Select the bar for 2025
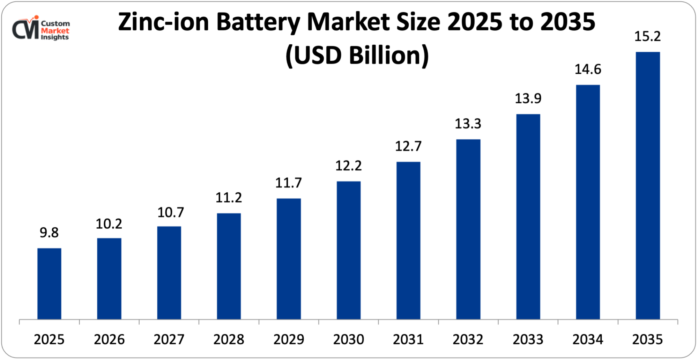pyautogui.click(x=49, y=284)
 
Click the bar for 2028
pyautogui.click(x=229, y=266)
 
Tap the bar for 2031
pyautogui.click(x=408, y=240)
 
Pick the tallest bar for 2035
pyautogui.click(x=648, y=185)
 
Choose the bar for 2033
pyautogui.click(x=528, y=216)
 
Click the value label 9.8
pyautogui.click(x=49, y=233)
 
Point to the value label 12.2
pyautogui.click(x=348, y=166)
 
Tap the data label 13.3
pyautogui.click(x=468, y=124)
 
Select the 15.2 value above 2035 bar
pyautogui.click(x=647, y=36)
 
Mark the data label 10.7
pyautogui.click(x=170, y=212)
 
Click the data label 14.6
pyautogui.click(x=588, y=69)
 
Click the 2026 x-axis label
pyautogui.click(x=109, y=339)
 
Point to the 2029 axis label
pyautogui.click(x=289, y=339)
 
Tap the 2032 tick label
pyautogui.click(x=468, y=339)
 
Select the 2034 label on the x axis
pyautogui.click(x=588, y=339)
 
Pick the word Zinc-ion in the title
pyautogui.click(x=163, y=22)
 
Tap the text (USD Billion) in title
pyautogui.click(x=357, y=55)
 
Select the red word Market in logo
pyautogui.click(x=55, y=30)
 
